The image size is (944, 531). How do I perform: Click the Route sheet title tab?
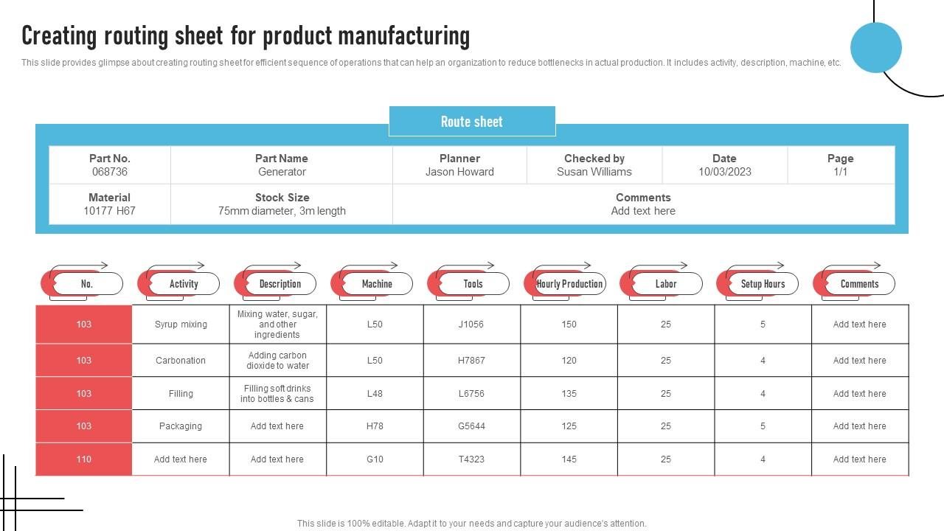pos(472,122)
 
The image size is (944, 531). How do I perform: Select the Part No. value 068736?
pos(110,172)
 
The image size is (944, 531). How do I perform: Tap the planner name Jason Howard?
pos(459,172)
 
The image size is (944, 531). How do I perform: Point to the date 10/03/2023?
pos(724,172)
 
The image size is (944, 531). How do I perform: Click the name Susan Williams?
pos(594,172)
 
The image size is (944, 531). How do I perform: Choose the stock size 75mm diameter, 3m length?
pos(282,211)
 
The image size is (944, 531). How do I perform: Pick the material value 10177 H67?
pos(110,211)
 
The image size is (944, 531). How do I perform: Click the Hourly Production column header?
pos(569,284)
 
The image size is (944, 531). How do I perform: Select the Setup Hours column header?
pos(763,284)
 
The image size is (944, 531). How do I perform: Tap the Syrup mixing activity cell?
pos(181,324)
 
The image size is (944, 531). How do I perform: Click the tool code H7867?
pos(472,361)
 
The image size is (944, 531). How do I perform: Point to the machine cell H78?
pos(375,426)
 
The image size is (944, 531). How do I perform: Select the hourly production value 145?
pos(569,459)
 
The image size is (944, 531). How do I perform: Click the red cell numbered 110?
pos(84,459)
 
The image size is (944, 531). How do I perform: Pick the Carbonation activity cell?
pos(181,361)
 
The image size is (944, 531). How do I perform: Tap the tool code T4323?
pos(472,459)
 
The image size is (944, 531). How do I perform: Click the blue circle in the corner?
pos(876,48)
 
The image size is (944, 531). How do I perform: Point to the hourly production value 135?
pos(569,394)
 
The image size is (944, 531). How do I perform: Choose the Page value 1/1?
pos(841,172)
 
